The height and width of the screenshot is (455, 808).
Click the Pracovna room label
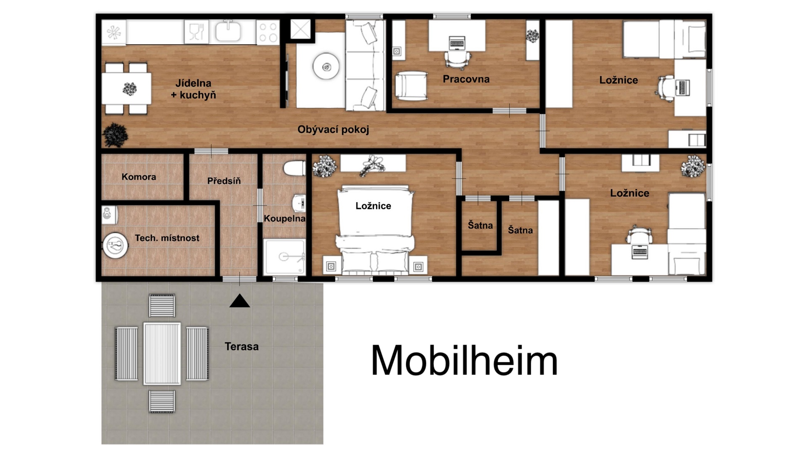(x=466, y=79)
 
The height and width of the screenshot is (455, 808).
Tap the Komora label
(x=139, y=177)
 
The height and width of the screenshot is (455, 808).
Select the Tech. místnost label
(x=167, y=238)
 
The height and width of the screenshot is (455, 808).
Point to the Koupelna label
(x=284, y=218)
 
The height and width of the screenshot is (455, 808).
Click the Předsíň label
(x=224, y=181)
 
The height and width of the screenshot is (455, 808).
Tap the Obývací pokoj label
(x=333, y=130)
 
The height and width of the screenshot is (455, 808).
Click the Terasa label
(x=242, y=346)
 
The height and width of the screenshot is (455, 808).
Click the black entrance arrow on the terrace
(x=239, y=301)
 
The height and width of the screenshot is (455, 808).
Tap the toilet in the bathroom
(x=295, y=168)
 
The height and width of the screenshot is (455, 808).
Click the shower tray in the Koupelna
(x=284, y=257)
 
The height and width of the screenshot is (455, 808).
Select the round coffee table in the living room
(x=326, y=66)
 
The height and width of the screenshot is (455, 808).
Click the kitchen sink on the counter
(x=228, y=31)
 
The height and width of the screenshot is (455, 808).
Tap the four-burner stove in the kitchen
(x=268, y=32)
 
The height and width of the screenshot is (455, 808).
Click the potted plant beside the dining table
(x=115, y=135)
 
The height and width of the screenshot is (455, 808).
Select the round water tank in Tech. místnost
(x=115, y=245)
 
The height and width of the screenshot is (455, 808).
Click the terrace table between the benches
(x=162, y=353)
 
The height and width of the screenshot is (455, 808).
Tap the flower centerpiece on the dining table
(x=130, y=89)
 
